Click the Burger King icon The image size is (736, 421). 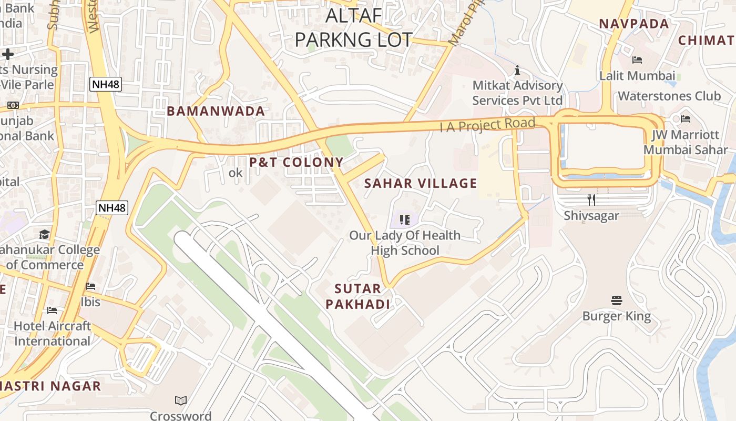click(x=617, y=300)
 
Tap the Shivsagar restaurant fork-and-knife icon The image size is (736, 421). click(x=591, y=200)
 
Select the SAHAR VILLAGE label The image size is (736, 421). click(x=421, y=183)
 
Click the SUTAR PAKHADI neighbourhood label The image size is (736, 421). click(x=358, y=296)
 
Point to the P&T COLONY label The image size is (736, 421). click(x=297, y=162)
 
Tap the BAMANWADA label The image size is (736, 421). click(x=216, y=111)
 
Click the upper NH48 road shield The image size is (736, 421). click(x=106, y=84)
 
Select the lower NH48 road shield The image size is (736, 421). click(x=113, y=208)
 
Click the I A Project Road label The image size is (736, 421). click(x=487, y=125)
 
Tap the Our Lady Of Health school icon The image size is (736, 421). click(x=404, y=219)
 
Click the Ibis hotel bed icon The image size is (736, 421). click(x=90, y=287)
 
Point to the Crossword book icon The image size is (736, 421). click(x=181, y=401)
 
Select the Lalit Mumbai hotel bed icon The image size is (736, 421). click(x=637, y=60)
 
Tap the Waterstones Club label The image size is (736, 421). click(x=669, y=96)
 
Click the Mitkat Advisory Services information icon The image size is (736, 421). click(x=517, y=70)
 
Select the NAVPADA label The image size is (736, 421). click(x=634, y=24)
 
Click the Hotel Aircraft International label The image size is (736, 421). click(x=52, y=333)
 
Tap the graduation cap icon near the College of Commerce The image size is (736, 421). click(x=45, y=234)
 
